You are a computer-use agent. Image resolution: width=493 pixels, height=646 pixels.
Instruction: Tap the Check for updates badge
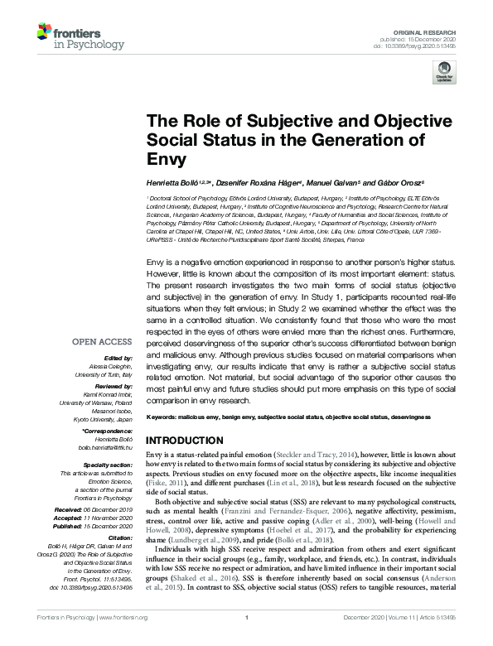point(444,75)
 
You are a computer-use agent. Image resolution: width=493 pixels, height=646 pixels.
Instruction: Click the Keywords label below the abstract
point(166,416)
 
